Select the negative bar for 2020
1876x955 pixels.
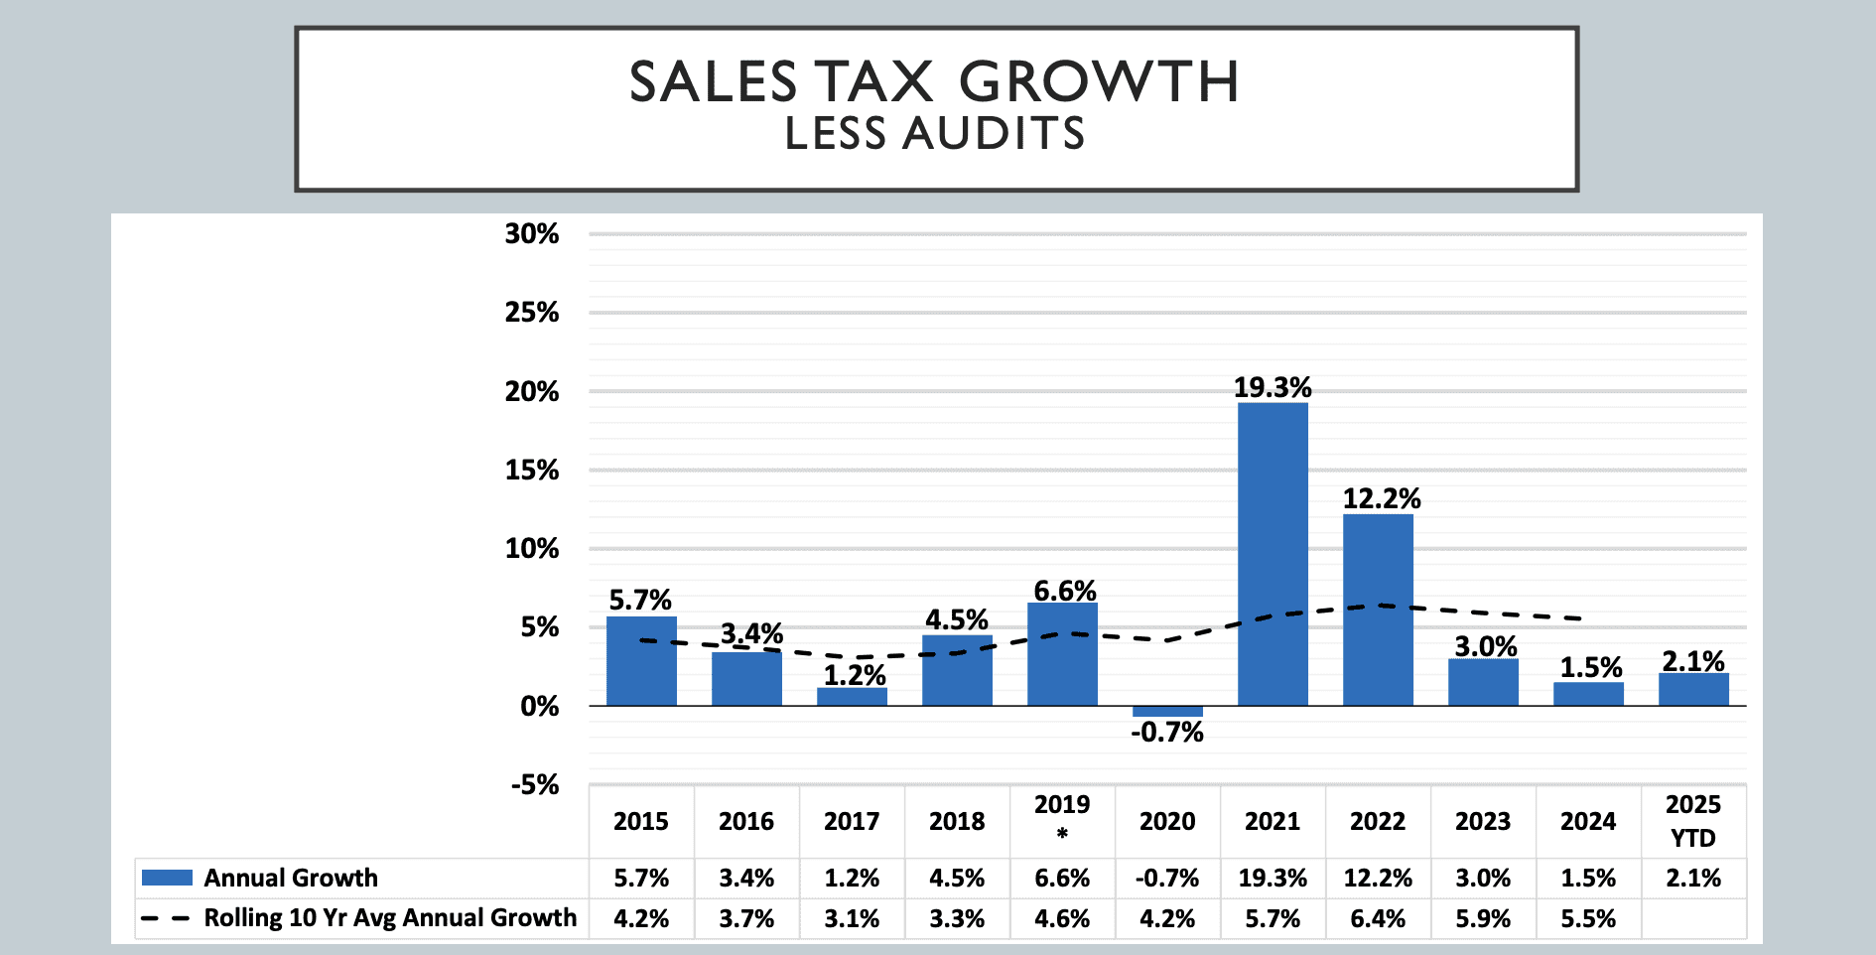1167,712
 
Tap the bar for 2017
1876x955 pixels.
852,697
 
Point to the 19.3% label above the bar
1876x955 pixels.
1273,387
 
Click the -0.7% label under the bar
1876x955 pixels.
1167,733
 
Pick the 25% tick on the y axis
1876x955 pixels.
532,313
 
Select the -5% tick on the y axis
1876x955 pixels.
535,785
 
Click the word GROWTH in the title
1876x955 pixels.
1099,81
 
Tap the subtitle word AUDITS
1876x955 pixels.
994,134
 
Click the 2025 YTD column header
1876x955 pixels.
1692,821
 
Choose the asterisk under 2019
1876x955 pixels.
1062,835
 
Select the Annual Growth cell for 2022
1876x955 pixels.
1378,879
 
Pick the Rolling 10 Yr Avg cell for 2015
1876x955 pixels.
641,919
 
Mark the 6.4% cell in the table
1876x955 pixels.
1378,919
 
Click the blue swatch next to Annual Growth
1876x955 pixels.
167,878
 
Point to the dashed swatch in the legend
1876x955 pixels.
165,918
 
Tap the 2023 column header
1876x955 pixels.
1483,822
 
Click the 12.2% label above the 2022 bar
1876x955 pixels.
1382,498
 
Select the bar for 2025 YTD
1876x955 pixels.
1693,690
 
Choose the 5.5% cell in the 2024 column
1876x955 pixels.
1588,919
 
